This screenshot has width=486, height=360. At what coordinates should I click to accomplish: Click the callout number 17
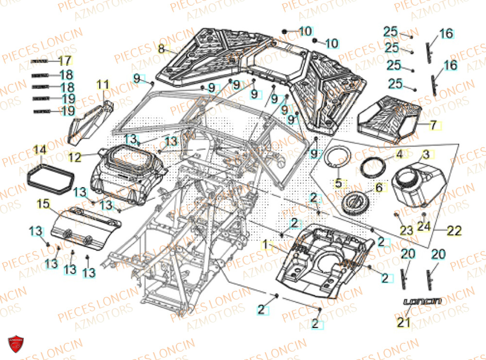tap(65, 61)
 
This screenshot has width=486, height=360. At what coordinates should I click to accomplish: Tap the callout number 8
tap(162, 49)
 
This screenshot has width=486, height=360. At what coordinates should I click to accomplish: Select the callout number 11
tap(103, 85)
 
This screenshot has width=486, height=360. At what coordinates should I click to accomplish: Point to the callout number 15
tap(43, 205)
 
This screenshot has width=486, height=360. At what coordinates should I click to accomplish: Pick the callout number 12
tap(74, 157)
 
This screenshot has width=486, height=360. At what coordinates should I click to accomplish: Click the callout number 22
tap(453, 231)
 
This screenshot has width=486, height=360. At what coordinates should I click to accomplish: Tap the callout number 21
tap(405, 321)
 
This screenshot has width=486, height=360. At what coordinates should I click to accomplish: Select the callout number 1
tap(265, 244)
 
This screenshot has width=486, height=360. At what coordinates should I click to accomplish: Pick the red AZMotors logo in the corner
tap(16, 344)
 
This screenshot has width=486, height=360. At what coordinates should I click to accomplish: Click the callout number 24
tap(424, 226)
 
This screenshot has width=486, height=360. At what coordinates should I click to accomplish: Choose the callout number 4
tap(399, 155)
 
